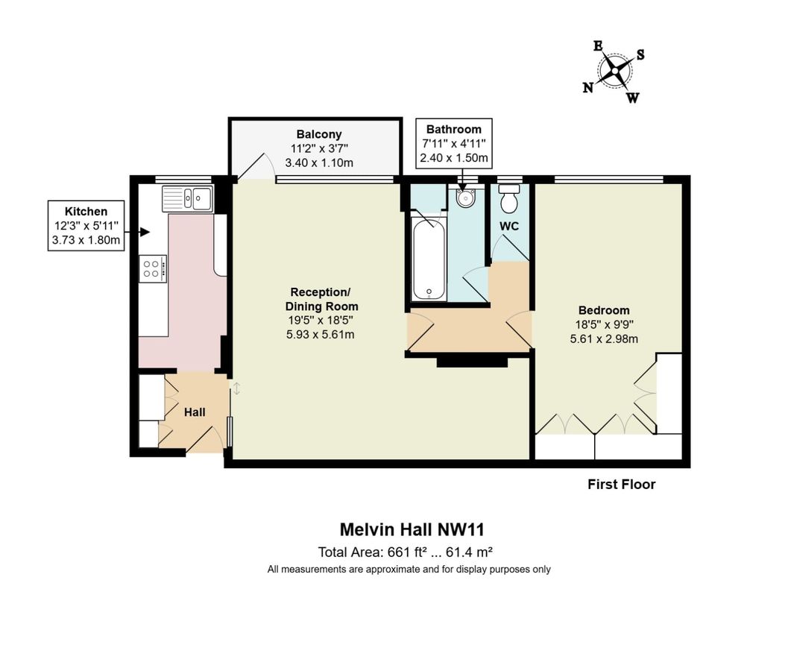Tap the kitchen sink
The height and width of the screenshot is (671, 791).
pos(188,198)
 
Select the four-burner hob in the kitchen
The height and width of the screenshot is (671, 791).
pos(153,268)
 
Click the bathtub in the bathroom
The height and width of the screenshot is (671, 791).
pos(429,257)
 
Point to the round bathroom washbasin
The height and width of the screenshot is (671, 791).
pos(466,198)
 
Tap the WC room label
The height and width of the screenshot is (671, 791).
pos(509,226)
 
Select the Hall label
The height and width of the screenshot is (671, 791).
pos(195,412)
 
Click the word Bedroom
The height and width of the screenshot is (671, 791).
pos(604,310)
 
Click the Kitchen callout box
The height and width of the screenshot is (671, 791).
pos(86,225)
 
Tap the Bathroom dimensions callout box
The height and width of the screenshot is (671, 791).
pos(453,143)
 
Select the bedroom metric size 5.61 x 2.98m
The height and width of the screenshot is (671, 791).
pos(604,338)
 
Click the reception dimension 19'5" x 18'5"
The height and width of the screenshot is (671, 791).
pos(321,321)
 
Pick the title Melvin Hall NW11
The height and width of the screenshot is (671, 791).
pos(412,529)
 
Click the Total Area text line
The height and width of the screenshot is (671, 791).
pos(406,552)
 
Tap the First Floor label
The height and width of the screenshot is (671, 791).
pos(621,485)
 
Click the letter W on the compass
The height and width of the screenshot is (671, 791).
pos(632,98)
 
